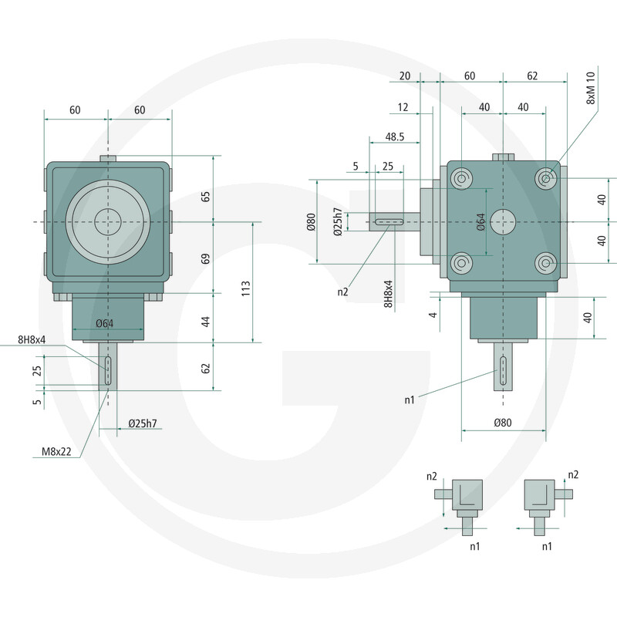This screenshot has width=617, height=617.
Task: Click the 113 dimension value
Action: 245,288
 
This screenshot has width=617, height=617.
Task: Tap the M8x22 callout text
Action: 56,451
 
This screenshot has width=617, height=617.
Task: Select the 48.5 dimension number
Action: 395,137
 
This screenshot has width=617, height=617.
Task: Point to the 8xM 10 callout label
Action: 591,88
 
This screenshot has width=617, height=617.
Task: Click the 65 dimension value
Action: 205,197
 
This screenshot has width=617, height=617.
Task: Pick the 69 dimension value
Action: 205,259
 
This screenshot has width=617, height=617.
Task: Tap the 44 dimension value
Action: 205,322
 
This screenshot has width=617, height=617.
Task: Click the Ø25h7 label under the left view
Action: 143,423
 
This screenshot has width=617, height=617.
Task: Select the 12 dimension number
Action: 403,107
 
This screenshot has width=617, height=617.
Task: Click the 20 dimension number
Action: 404,76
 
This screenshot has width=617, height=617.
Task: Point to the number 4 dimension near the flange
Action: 433,315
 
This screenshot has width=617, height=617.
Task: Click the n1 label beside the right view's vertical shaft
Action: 410,400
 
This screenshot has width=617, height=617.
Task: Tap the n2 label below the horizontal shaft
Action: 342,292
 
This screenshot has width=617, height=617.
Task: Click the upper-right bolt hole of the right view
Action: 546,179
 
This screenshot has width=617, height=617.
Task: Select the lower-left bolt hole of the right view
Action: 461,263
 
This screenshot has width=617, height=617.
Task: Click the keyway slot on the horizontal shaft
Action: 389,222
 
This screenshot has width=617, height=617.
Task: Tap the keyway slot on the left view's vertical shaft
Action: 108,371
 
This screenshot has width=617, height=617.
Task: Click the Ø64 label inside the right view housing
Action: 480,222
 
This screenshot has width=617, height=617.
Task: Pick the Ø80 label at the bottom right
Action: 503,423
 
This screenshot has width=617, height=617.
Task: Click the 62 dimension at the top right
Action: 532,76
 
